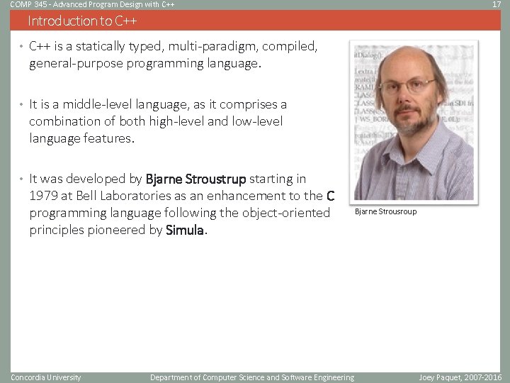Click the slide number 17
496,5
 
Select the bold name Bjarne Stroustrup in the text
195,178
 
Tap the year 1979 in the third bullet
44,196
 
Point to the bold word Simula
184,230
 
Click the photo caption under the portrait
385,211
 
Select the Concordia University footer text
46,377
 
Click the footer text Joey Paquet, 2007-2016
460,377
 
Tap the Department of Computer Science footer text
251,377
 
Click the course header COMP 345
26,5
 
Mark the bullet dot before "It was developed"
22,179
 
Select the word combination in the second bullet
65,121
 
